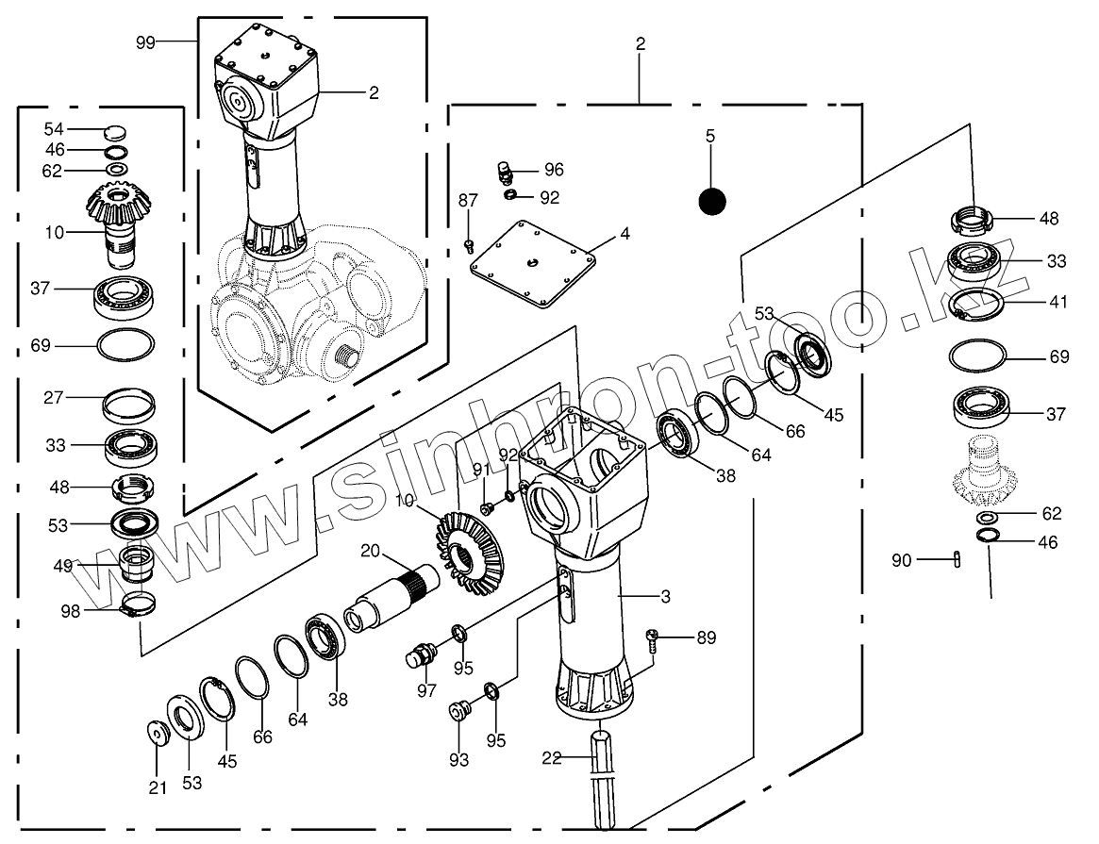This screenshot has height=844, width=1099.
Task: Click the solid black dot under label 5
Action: click(x=712, y=202)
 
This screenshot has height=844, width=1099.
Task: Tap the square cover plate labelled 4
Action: click(x=533, y=265)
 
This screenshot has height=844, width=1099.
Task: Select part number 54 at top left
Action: click(x=54, y=129)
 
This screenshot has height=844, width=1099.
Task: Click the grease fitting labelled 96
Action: click(x=505, y=171)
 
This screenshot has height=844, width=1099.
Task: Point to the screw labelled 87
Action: click(x=469, y=245)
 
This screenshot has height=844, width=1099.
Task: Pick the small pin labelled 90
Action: click(x=957, y=558)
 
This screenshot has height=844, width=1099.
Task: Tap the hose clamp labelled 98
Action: click(x=139, y=604)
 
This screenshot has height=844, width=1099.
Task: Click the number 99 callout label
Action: click(x=145, y=42)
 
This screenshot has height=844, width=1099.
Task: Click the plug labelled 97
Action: click(x=422, y=656)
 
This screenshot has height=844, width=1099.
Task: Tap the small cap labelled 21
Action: click(x=159, y=733)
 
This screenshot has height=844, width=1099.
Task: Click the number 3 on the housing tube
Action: click(x=666, y=597)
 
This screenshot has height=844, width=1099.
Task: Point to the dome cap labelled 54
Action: click(x=115, y=132)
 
